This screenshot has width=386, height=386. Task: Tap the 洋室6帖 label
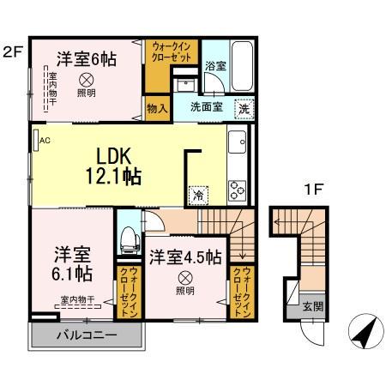[86, 59]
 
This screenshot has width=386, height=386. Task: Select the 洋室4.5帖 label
[185, 256]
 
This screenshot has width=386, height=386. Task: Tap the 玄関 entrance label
[312, 306]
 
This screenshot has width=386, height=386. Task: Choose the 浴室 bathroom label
[214, 65]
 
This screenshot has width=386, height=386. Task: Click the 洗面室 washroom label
[207, 109]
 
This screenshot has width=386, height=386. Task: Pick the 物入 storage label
[156, 109]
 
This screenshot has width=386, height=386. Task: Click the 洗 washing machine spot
[244, 109]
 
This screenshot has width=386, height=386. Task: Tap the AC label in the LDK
[43, 140]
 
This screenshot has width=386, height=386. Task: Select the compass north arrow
[365, 330]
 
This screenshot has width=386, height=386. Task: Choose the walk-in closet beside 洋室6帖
[160, 56]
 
